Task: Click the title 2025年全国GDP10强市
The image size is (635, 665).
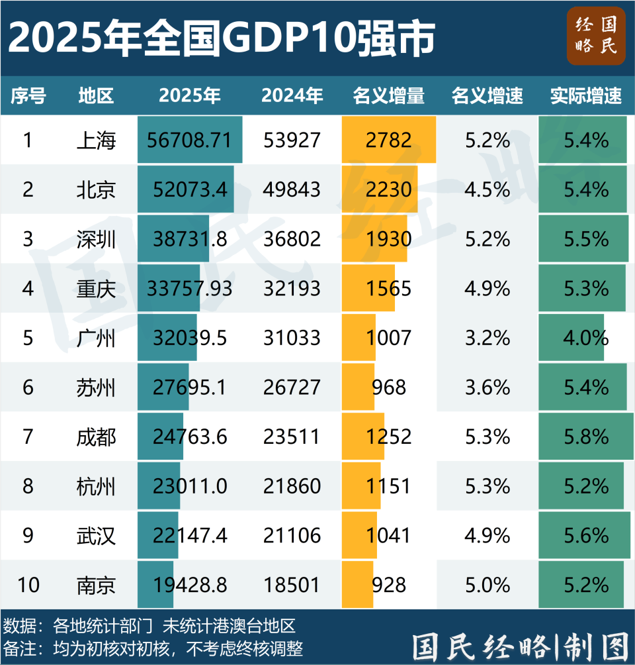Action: coord(222,38)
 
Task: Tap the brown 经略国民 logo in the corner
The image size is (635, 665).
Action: coord(595,36)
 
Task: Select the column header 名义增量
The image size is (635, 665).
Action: coord(388,96)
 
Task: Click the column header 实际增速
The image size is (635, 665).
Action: coord(585,96)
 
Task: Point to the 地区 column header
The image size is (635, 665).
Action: coord(96,96)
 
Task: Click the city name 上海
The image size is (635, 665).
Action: coord(96,140)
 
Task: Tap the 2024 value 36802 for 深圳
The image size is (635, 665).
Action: coord(291,239)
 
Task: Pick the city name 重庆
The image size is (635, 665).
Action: coord(96,289)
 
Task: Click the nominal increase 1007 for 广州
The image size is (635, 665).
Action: coord(388,338)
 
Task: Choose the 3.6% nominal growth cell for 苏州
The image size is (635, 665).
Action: coord(487,387)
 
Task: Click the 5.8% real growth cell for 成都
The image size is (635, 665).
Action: coord(585,436)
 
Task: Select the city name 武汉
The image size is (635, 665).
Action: coord(96,535)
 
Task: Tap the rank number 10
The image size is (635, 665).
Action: coord(28,585)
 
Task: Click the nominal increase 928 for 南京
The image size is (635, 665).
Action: coord(388,585)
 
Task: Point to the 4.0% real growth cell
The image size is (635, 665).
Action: coord(585,338)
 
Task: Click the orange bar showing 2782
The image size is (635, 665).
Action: coord(388,140)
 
